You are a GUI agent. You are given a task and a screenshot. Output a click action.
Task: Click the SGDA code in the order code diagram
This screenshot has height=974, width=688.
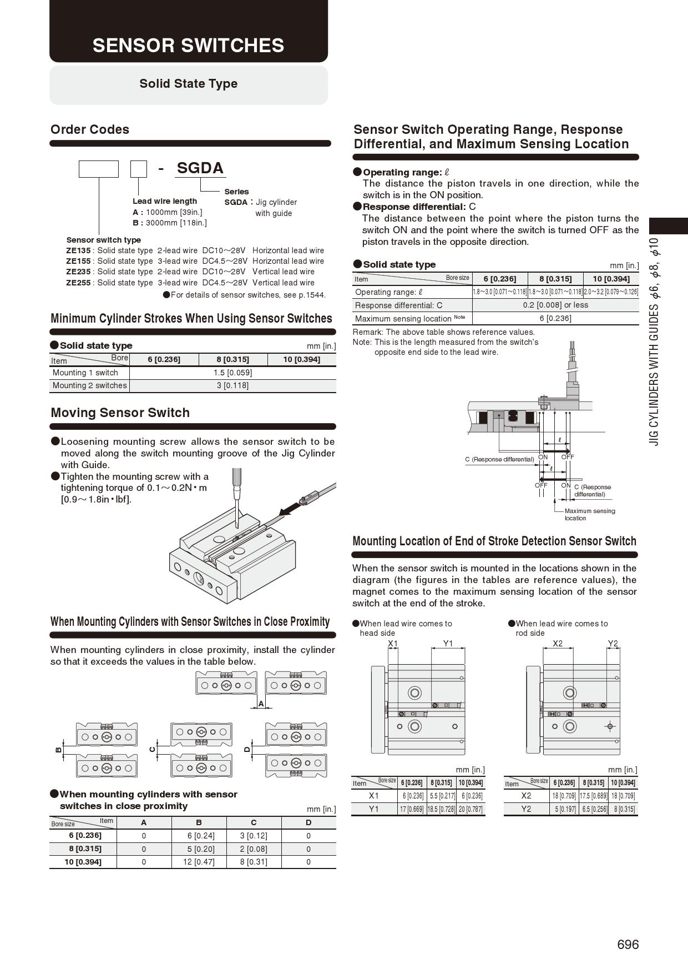(200, 168)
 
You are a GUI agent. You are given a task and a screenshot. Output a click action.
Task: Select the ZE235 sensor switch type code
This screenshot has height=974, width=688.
(78, 272)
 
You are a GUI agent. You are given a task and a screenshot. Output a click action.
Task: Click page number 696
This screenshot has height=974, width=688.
(628, 945)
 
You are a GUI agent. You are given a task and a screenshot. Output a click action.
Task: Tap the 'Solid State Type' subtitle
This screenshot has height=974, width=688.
(188, 84)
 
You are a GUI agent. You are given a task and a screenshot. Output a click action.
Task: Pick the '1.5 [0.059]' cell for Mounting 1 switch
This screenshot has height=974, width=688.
(232, 373)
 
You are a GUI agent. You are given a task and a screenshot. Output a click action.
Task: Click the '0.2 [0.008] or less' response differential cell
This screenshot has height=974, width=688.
(555, 305)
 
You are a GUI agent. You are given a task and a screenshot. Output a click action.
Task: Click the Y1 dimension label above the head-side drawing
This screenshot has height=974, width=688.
(448, 644)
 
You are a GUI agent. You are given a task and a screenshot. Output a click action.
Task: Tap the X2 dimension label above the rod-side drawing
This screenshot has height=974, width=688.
(558, 644)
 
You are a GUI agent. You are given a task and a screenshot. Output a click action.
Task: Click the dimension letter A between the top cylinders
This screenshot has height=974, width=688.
(261, 704)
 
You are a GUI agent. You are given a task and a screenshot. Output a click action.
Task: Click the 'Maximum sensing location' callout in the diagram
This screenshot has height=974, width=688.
(589, 514)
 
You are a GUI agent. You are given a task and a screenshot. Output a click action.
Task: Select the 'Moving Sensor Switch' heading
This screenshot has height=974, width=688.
(120, 413)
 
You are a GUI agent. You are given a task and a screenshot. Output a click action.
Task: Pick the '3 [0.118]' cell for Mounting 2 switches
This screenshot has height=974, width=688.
(232, 385)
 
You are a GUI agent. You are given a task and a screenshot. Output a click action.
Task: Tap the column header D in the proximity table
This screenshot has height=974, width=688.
(308, 822)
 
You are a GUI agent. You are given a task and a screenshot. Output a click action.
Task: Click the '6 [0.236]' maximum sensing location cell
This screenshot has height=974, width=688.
(555, 318)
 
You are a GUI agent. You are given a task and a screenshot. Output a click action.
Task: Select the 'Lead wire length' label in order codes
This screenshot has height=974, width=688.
(165, 201)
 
